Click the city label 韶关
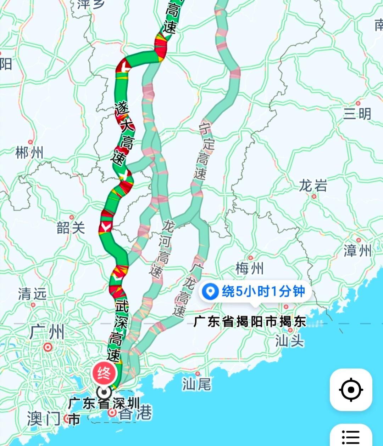point(71,228)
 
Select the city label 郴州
point(29,153)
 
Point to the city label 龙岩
point(313,185)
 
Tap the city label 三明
point(357,114)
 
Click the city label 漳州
point(357,251)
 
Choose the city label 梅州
point(250,269)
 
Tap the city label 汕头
point(290,341)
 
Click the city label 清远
point(32,294)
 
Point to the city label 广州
point(47,332)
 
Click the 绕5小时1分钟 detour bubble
point(255,291)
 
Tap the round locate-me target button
point(351,390)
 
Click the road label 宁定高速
point(204,151)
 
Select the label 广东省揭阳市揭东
point(250,321)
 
